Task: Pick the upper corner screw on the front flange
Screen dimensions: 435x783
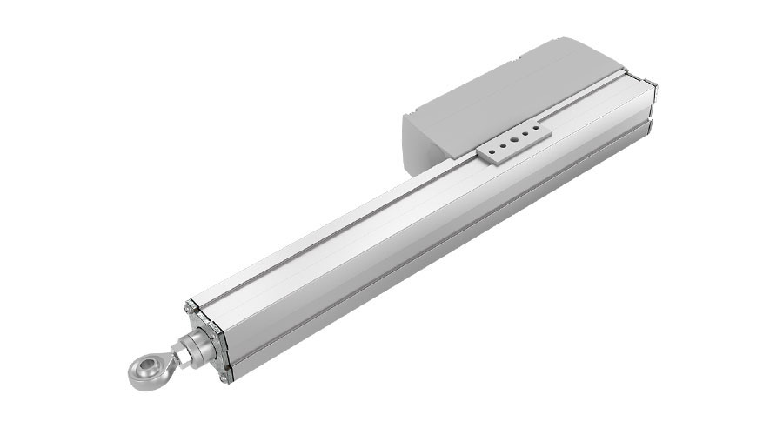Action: (188, 308)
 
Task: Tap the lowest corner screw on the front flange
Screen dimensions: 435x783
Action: (229, 377)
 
